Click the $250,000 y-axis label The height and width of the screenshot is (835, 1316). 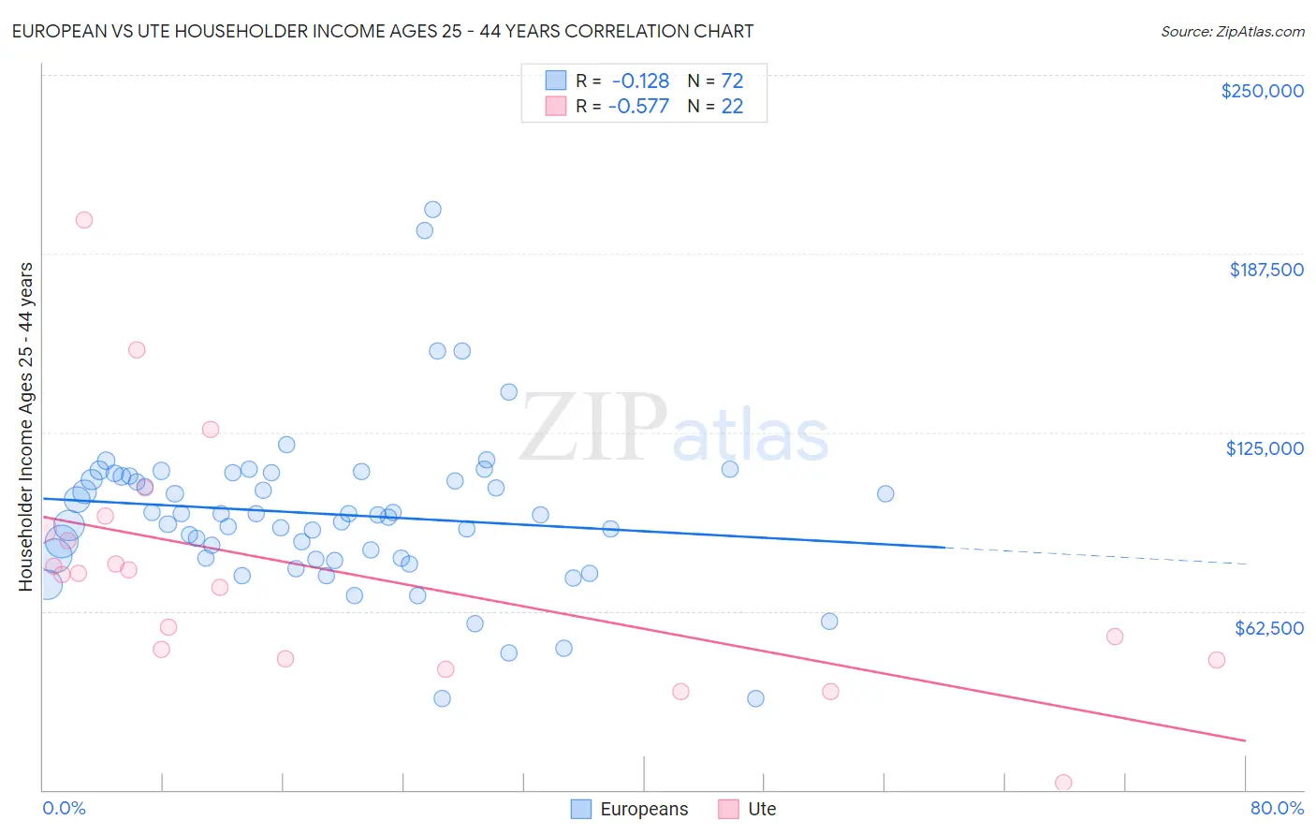pos(1262,91)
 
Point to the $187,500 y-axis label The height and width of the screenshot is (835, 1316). pos(1265,270)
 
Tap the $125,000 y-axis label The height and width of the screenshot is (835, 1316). pos(1265,448)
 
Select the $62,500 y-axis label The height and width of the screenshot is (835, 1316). pos(1268,628)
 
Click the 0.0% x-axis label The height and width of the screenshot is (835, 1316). pos(64,808)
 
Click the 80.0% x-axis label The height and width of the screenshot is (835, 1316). pos(1277,808)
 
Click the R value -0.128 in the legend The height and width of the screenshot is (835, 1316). pos(640,81)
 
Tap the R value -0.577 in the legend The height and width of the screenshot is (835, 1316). pos(638,106)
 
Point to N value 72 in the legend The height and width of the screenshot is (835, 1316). pos(732,81)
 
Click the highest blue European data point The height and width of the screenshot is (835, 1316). pos(432,210)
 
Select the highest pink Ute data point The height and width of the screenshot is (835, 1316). pos(83,220)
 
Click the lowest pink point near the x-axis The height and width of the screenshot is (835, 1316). pos(1063,783)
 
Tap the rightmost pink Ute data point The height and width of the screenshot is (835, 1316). pos(1216,660)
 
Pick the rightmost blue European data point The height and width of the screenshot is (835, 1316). pos(885,493)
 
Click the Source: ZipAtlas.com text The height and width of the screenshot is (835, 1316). pos(1232,32)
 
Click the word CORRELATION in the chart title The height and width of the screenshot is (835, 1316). pos(585,31)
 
